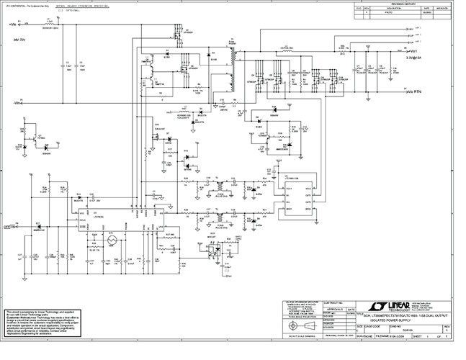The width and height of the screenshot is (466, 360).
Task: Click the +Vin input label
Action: pyautogui.click(x=13, y=24)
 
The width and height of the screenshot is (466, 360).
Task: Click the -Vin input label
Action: pyautogui.click(x=13, y=103)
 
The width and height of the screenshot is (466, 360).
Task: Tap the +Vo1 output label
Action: pyautogui.click(x=414, y=52)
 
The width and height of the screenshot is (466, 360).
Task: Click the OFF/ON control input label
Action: pyautogui.click(x=11, y=225)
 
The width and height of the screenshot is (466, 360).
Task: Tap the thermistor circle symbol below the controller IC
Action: pyautogui.click(x=112, y=242)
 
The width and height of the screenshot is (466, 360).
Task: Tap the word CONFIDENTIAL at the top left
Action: pyautogui.click(x=22, y=4)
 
